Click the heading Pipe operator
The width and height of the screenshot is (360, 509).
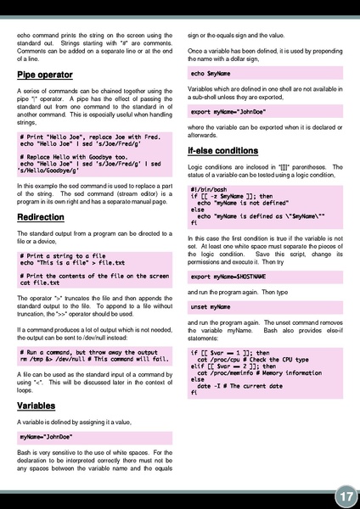45,76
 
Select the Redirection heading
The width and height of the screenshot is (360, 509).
41,217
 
